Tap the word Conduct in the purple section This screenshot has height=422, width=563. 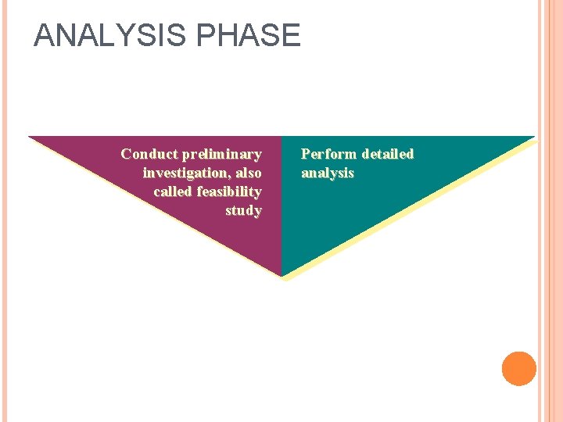149,154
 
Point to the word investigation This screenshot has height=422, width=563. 181,173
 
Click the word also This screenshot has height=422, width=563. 246,173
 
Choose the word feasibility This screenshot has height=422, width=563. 229,191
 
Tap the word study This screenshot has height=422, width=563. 243,210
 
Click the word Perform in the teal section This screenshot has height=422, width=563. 329,154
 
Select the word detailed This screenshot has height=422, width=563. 387,154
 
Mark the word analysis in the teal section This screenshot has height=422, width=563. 328,173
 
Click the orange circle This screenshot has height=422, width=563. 519,368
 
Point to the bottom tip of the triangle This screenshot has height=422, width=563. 281,275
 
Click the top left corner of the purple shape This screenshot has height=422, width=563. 30,138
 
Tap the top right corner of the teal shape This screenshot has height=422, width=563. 533,138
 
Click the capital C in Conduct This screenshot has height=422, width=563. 126,154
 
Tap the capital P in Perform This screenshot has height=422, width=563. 306,154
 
